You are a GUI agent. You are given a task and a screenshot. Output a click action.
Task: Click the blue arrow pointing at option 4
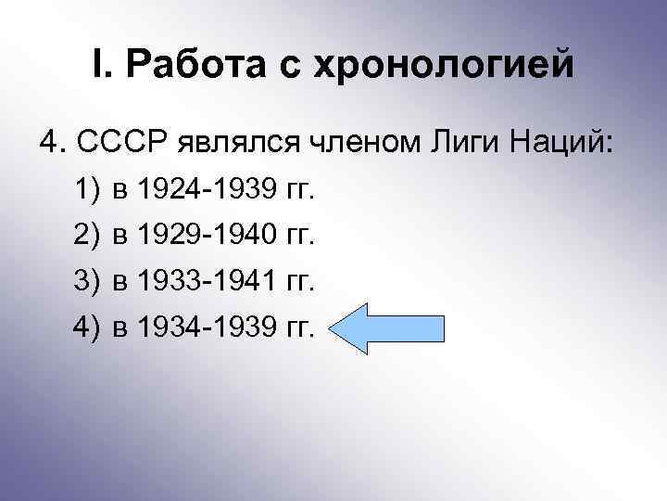[x=389, y=328]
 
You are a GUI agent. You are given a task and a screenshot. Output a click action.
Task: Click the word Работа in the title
[x=192, y=66]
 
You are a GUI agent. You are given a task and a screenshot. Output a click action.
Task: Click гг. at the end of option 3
[x=296, y=281]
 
